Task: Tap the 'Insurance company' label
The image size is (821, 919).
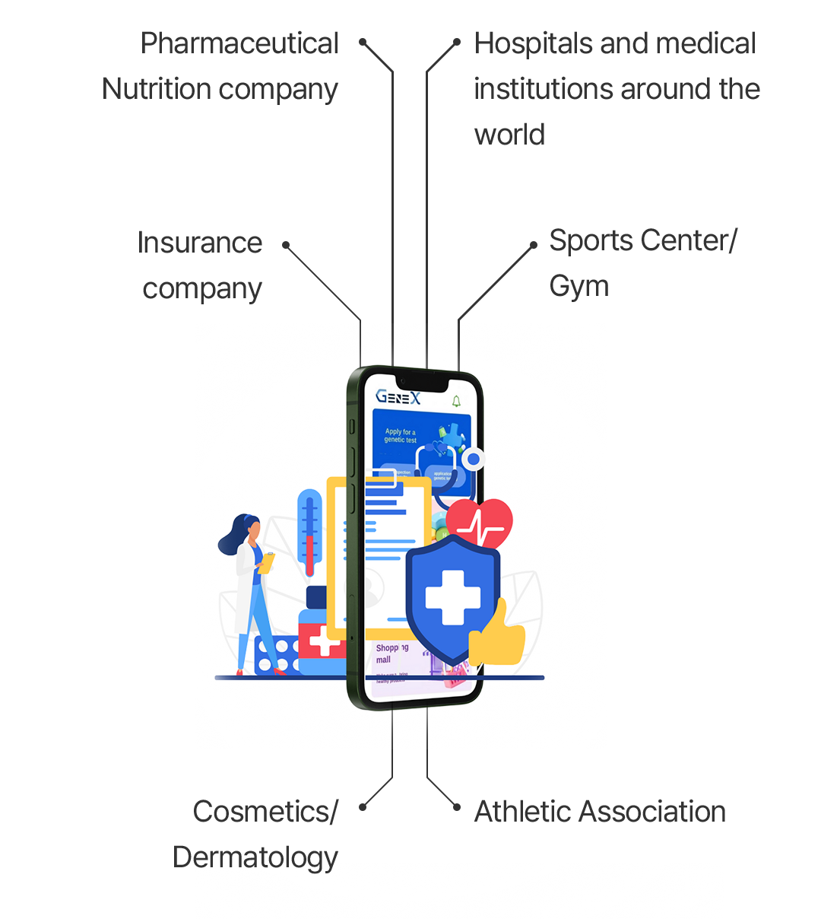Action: pyautogui.click(x=201, y=266)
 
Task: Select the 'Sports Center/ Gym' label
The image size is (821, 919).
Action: pyautogui.click(x=642, y=263)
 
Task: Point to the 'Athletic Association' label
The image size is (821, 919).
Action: pyautogui.click(x=600, y=812)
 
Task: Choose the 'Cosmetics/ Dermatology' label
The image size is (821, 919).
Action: pyautogui.click(x=256, y=835)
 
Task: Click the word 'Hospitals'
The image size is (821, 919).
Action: pyautogui.click(x=533, y=43)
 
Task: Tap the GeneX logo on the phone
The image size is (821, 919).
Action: pyautogui.click(x=398, y=397)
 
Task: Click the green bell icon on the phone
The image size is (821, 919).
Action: pyautogui.click(x=456, y=401)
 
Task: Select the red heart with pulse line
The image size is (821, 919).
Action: pyautogui.click(x=480, y=524)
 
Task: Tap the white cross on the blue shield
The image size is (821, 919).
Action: pyautogui.click(x=453, y=598)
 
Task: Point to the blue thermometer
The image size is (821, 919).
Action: pyautogui.click(x=309, y=533)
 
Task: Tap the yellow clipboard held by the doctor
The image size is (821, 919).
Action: pyautogui.click(x=266, y=563)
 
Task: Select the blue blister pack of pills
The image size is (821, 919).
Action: pyautogui.click(x=275, y=656)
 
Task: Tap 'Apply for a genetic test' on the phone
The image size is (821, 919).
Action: pyautogui.click(x=400, y=436)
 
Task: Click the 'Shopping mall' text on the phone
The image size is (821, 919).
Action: pyautogui.click(x=391, y=653)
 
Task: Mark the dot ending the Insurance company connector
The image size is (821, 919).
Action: pyautogui.click(x=286, y=245)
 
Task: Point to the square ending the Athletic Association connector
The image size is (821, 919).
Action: pyautogui.click(x=456, y=807)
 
